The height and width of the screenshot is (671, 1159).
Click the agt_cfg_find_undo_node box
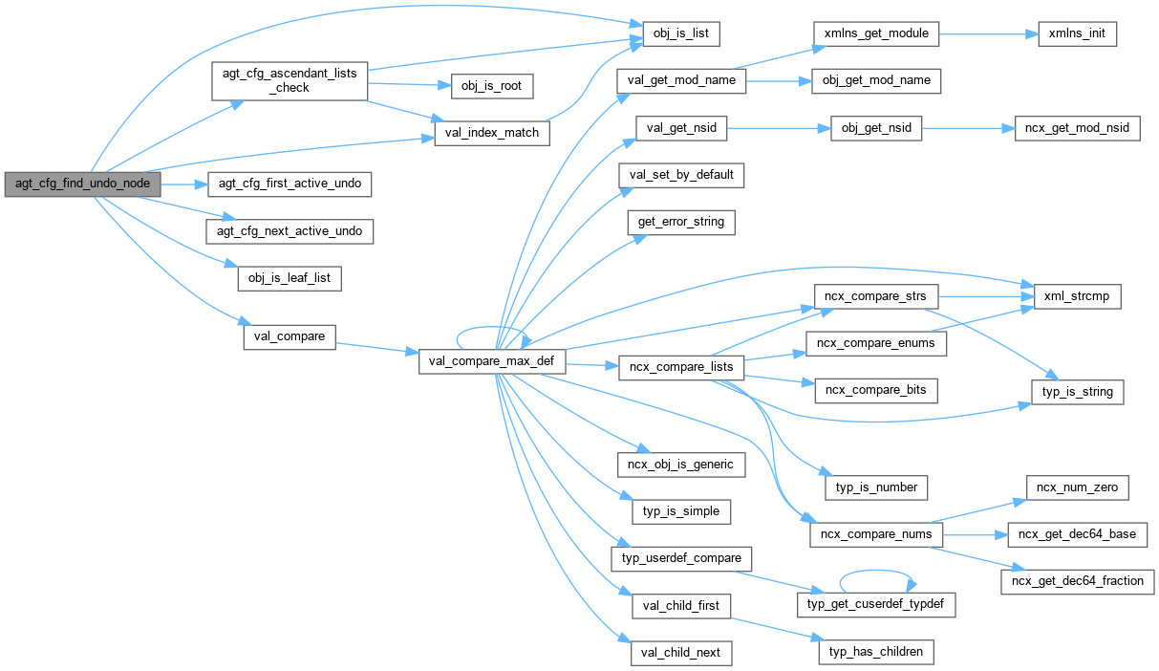[82, 184]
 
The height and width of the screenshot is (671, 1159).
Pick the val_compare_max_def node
[493, 362]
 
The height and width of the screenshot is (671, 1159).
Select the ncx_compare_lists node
[680, 366]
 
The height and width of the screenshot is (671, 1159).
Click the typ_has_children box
[875, 652]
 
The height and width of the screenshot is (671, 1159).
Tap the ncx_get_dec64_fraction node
[1079, 580]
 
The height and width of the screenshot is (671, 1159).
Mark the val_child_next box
[680, 654]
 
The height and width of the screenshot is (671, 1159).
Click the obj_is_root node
[491, 85]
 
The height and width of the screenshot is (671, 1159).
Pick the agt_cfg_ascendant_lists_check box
[289, 80]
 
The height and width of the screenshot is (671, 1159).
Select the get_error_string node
[680, 223]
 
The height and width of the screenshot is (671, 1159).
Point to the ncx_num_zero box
[1078, 487]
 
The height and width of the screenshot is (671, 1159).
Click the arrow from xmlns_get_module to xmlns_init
[983, 34]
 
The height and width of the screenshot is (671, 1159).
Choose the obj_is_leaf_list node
[289, 278]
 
